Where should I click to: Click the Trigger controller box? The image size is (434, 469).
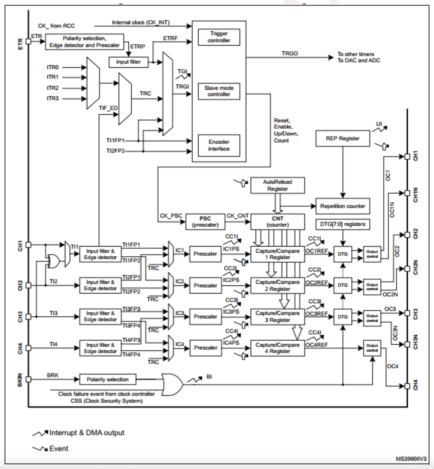(219, 37)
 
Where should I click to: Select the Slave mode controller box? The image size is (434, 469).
(219, 91)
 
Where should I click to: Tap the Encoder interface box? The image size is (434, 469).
(219, 145)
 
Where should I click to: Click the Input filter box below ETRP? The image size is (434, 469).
(128, 62)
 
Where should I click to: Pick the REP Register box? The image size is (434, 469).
(343, 138)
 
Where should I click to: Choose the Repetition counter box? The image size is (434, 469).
(343, 206)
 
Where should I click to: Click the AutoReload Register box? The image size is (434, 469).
(277, 185)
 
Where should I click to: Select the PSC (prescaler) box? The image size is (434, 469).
(205, 222)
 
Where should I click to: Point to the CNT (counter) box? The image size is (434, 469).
(277, 222)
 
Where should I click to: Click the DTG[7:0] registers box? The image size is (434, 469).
(343, 224)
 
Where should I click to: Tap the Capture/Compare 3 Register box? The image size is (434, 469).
(277, 317)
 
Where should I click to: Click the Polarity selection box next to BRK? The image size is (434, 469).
(107, 379)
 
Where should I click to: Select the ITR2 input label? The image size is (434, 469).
(53, 88)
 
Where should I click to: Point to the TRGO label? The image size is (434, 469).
(290, 54)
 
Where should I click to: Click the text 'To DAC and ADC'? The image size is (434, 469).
(359, 60)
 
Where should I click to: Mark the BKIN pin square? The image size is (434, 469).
(28, 379)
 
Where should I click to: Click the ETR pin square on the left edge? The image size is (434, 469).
(28, 41)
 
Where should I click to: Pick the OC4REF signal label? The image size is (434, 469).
(317, 345)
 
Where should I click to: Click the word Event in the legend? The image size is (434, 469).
(59, 449)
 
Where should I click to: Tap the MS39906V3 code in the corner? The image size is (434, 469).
(411, 459)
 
